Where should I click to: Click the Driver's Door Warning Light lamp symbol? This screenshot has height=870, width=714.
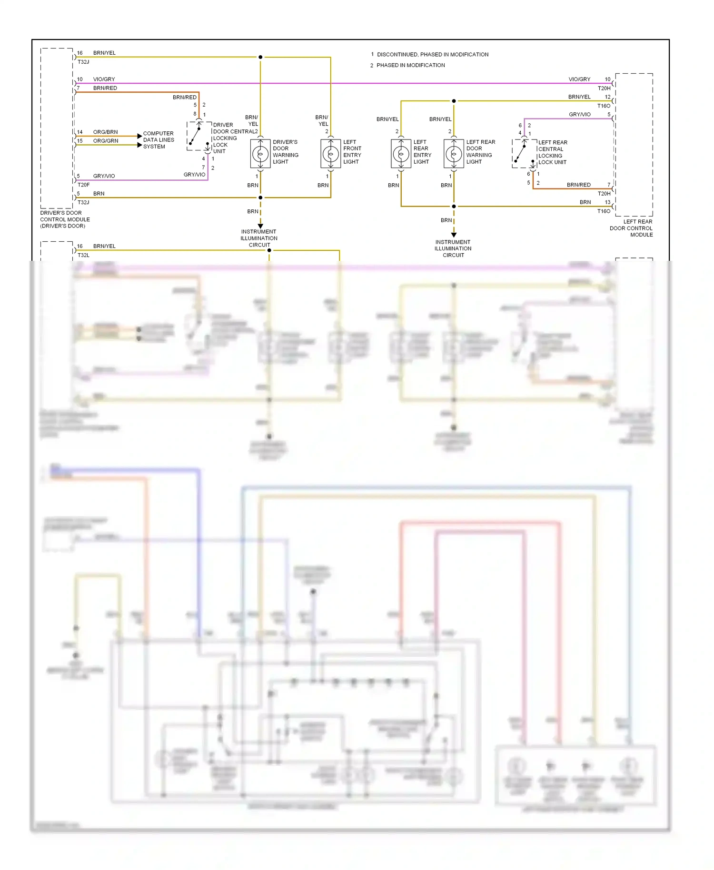260,154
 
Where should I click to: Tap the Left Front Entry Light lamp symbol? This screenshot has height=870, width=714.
330,154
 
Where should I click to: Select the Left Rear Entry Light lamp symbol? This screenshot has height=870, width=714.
401,154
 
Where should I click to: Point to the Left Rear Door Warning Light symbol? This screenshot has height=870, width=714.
454,154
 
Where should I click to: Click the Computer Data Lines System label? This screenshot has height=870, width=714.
159,140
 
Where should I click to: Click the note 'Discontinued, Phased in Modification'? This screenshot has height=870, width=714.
432,55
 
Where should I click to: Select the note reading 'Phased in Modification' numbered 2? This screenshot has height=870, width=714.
410,65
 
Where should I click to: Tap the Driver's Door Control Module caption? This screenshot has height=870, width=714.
65,219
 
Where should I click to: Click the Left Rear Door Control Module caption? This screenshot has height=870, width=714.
631,228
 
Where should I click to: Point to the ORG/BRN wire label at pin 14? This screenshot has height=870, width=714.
105,132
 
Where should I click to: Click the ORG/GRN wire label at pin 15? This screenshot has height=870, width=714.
105,141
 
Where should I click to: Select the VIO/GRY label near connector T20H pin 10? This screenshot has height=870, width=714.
579,79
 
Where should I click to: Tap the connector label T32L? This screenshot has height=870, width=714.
83,255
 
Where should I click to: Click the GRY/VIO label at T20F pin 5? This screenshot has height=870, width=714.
104,176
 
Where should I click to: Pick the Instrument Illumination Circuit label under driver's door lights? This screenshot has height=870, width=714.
259,238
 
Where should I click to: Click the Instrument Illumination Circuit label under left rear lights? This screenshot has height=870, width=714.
453,248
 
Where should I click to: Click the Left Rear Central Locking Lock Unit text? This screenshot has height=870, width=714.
552,152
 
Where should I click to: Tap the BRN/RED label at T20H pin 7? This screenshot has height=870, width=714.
578,185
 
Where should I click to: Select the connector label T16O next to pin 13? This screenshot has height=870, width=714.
604,211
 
